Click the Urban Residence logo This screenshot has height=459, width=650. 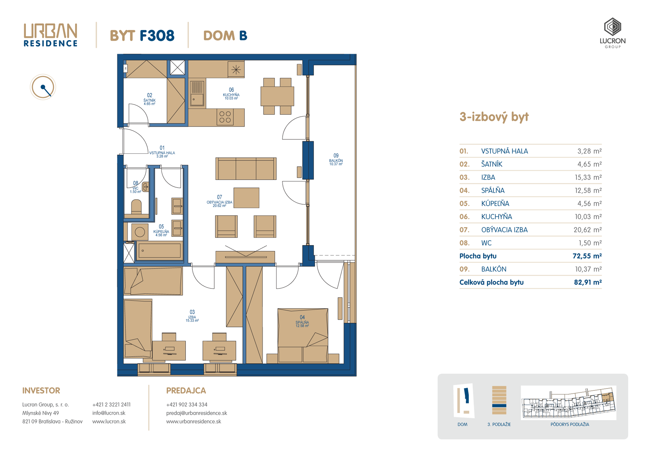(x=50, y=34)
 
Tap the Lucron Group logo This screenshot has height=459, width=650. (x=612, y=33)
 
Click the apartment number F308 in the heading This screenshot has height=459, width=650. (x=157, y=35)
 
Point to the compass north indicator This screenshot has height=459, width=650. (x=43, y=87)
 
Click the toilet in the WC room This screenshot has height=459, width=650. (x=136, y=207)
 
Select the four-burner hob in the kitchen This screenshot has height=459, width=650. (x=225, y=117)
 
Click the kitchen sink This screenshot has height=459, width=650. (x=197, y=93)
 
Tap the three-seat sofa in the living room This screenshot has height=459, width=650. (x=246, y=168)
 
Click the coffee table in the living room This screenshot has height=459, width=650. (x=246, y=198)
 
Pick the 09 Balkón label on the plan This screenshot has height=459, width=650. (x=336, y=160)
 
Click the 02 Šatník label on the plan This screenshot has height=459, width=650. (x=149, y=99)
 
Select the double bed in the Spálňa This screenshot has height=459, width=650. (x=303, y=335)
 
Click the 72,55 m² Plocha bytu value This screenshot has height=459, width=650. (x=587, y=256)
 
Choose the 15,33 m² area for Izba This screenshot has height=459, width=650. (x=588, y=177)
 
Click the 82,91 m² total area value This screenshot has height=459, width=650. (x=588, y=282)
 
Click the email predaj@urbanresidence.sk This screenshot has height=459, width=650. (x=196, y=413)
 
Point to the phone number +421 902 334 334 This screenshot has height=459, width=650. (x=187, y=405)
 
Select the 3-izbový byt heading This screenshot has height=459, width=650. (x=494, y=117)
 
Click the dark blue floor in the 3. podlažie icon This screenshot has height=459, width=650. (x=499, y=405)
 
